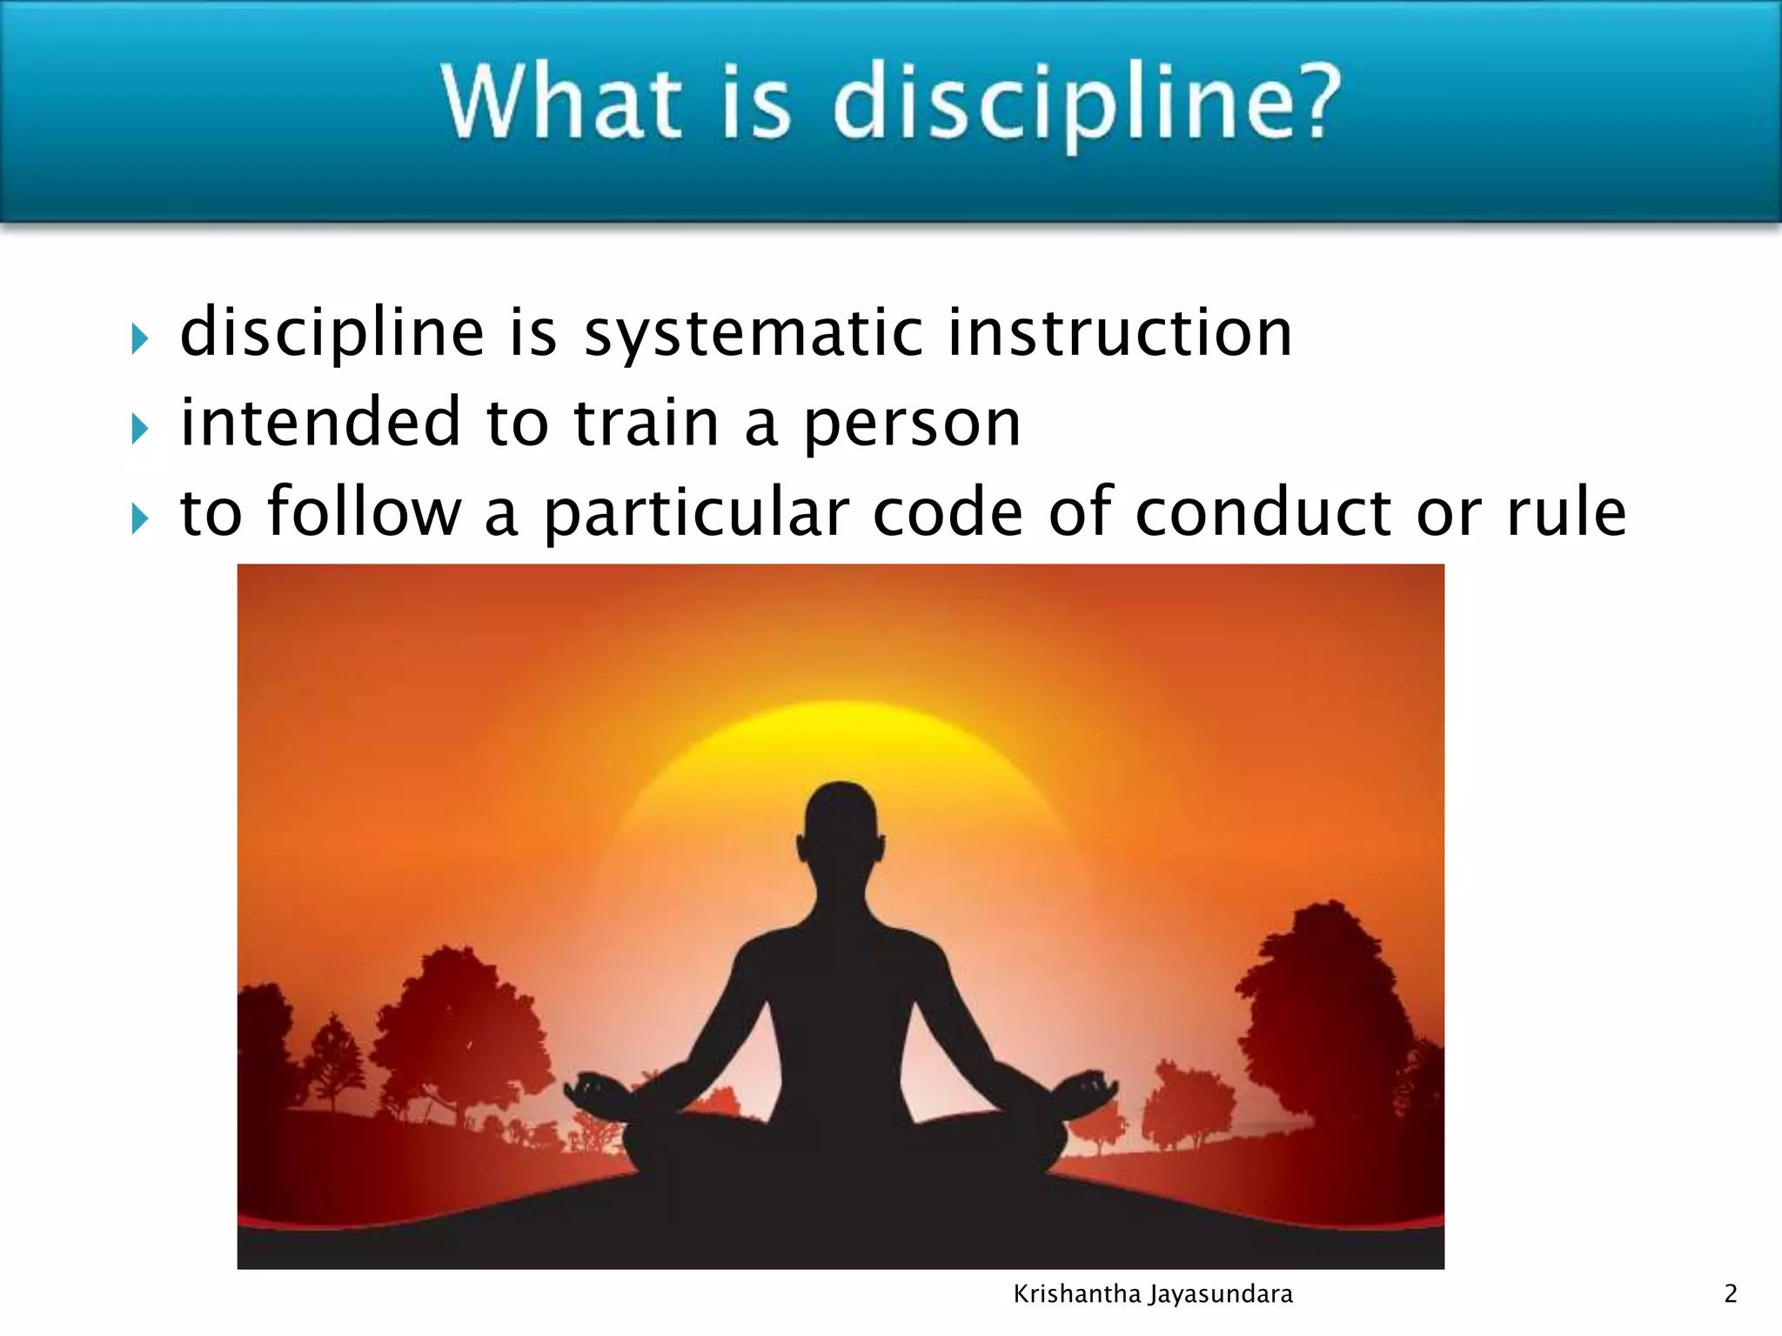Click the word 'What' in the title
pyautogui.click(x=560, y=102)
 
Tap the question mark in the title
pyautogui.click(x=1310, y=102)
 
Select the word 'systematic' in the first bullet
pyautogui.click(x=754, y=334)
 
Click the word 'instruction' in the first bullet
pyautogui.click(x=1119, y=332)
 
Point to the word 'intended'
pyautogui.click(x=319, y=422)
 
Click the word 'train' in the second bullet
pyautogui.click(x=646, y=423)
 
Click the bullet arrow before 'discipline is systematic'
pyautogui.click(x=139, y=337)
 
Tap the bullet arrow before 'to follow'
pyautogui.click(x=139, y=518)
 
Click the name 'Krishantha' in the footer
pyautogui.click(x=1076, y=1294)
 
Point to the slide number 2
pyautogui.click(x=1731, y=1294)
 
